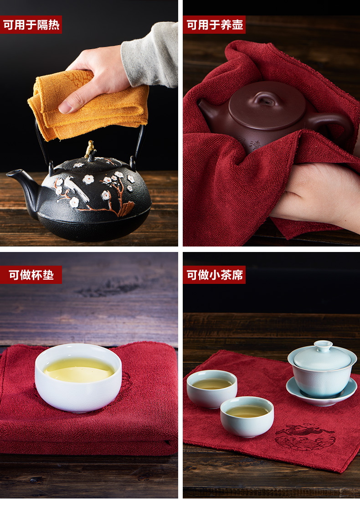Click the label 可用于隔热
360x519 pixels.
click(x=31, y=25)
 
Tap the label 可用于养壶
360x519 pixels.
click(x=215, y=25)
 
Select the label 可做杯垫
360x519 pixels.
click(x=31, y=275)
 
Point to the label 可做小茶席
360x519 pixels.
click(x=215, y=275)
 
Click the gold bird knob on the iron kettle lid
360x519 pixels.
click(x=90, y=149)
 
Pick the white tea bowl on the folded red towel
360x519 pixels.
click(x=78, y=377)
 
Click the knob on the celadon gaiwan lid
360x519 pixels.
click(x=323, y=346)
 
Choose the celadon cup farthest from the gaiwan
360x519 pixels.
click(x=212, y=388)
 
